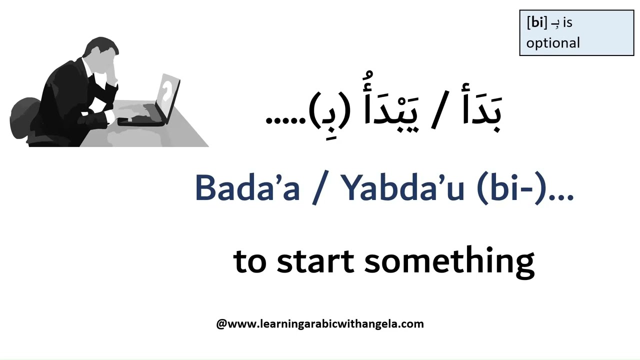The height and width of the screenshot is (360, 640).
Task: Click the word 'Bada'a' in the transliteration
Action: pos(247,188)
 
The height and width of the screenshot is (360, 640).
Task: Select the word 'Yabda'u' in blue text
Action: pos(402,188)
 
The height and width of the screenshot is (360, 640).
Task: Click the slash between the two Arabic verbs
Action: pos(436,114)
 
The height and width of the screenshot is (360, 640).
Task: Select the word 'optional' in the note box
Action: pos(553,43)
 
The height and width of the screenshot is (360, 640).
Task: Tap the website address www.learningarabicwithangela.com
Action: pos(325,324)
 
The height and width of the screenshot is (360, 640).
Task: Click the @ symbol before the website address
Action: pos(221,324)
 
